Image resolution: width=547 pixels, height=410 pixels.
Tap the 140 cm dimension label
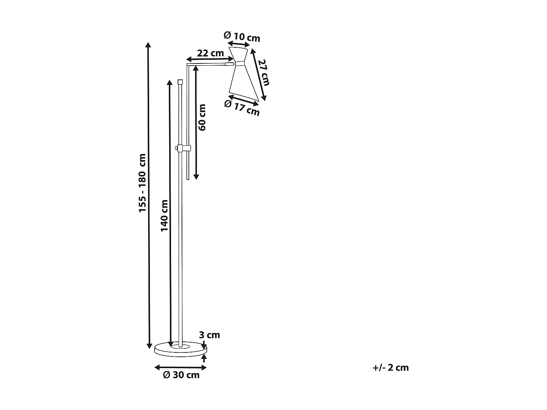click(164, 215)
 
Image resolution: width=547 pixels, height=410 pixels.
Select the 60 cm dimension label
click(202, 117)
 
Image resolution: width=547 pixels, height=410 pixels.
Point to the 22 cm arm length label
click(210, 53)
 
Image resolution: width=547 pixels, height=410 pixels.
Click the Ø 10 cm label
click(242, 36)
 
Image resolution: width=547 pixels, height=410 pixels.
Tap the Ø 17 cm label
click(242, 106)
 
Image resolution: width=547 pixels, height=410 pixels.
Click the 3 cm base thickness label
click(209, 335)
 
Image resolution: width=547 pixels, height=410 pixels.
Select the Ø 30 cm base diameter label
click(181, 375)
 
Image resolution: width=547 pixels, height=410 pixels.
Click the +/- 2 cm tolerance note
click(391, 367)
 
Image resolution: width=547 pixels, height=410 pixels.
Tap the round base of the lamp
click(181, 350)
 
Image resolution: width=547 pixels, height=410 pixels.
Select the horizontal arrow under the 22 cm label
click(210, 59)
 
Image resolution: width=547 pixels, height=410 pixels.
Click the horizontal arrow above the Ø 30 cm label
click(181, 367)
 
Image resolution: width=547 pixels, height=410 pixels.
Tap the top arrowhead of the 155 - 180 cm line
click(148, 45)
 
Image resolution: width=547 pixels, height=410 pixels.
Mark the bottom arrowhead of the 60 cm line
click(196, 177)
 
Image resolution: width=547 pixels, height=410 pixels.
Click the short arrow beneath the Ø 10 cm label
click(238, 43)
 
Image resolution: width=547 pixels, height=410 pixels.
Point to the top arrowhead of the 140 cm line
click(169, 82)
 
